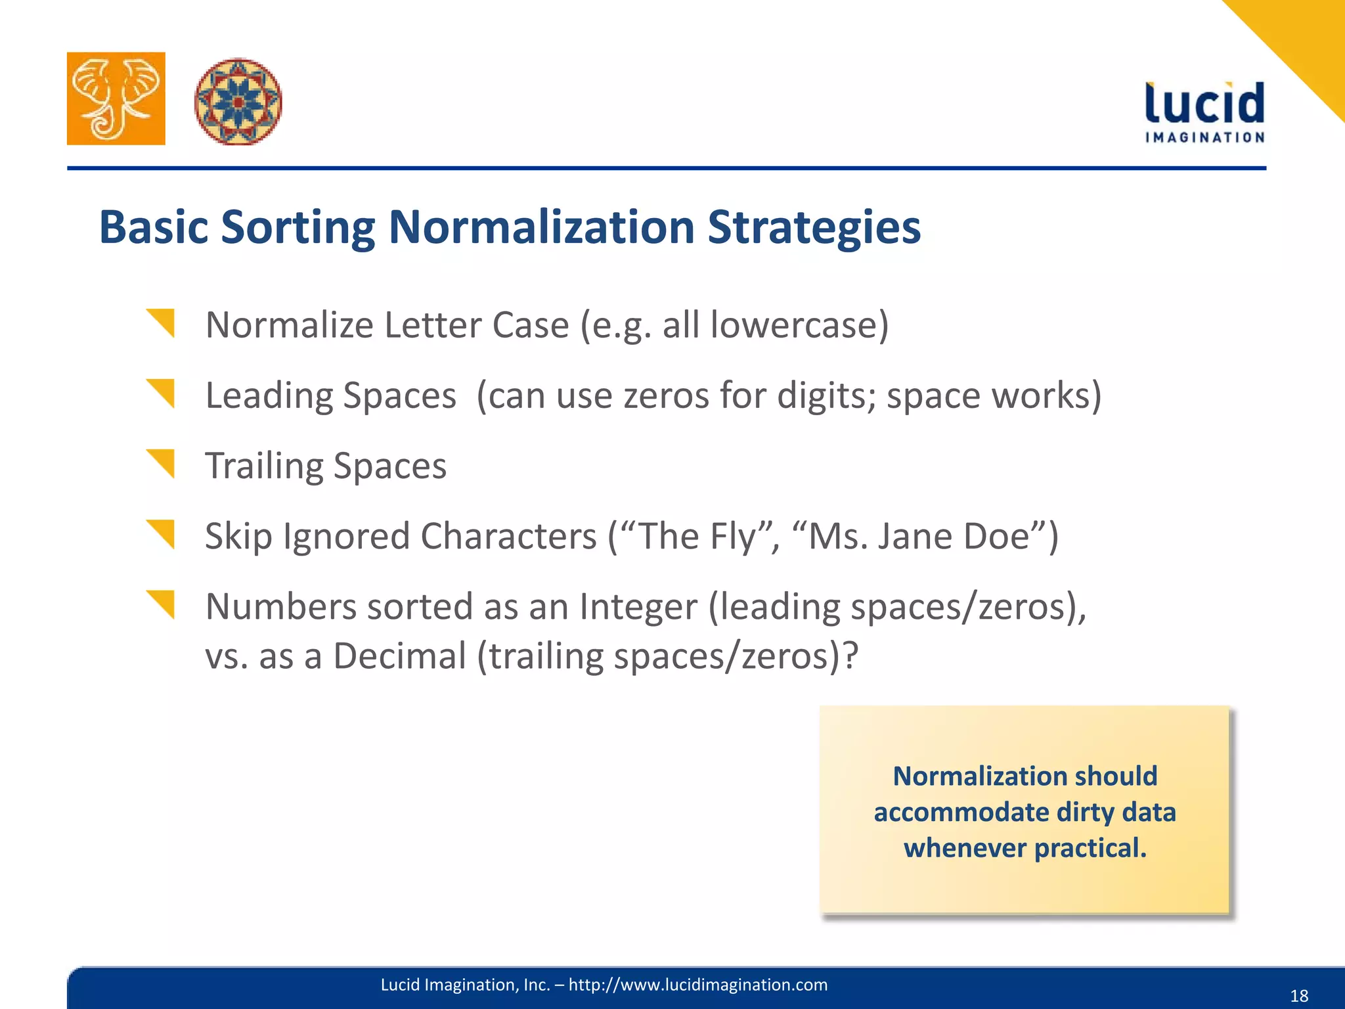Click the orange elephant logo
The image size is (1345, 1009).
116,99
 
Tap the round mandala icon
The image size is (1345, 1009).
238,101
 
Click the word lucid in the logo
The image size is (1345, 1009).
1204,104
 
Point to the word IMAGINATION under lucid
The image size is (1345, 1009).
1204,137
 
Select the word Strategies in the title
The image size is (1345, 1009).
814,227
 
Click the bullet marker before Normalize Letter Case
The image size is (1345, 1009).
162,323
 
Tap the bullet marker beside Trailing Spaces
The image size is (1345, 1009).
162,463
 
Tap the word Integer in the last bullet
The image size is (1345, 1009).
638,607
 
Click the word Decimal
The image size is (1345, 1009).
399,656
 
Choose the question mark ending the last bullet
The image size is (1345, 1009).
850,656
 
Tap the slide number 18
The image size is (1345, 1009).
1299,996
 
